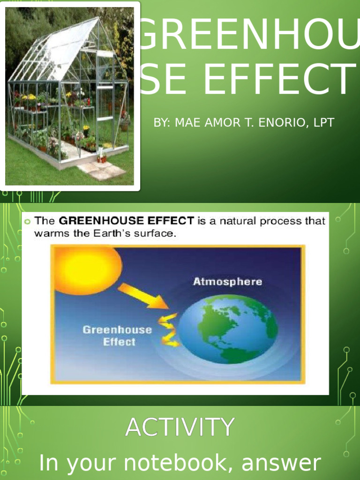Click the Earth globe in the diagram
[228, 329]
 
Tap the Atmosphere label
[228, 282]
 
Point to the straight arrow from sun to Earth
[142, 296]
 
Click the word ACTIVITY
[180, 427]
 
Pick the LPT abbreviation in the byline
[324, 123]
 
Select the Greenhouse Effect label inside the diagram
[117, 336]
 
